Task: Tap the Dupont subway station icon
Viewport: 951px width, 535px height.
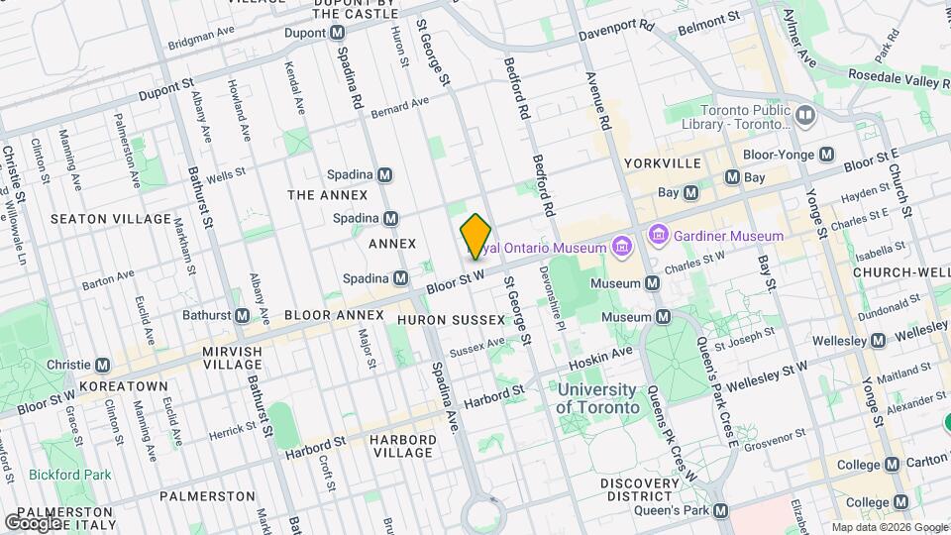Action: click(338, 33)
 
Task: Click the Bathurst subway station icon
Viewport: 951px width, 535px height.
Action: click(242, 315)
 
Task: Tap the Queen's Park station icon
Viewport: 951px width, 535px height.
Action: click(721, 511)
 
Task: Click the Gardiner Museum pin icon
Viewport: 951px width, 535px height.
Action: click(658, 236)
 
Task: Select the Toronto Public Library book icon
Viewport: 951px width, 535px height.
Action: click(804, 117)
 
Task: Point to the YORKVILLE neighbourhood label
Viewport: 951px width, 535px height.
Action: click(663, 162)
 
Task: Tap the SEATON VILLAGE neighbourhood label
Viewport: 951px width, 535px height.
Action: click(110, 218)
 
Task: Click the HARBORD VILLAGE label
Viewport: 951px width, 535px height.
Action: click(402, 446)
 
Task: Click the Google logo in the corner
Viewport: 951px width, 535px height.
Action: click(34, 522)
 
